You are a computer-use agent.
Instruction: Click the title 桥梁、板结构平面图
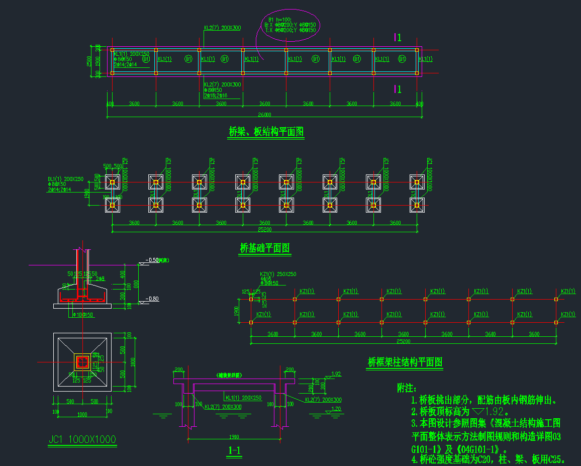[266, 132]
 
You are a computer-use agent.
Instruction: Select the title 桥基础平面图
[265, 248]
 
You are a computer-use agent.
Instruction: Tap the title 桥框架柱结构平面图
[405, 362]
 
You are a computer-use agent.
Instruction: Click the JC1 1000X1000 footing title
[82, 439]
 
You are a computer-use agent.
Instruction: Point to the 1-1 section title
[234, 451]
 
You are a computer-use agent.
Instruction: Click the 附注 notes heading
[407, 388]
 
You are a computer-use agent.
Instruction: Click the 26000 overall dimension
[264, 115]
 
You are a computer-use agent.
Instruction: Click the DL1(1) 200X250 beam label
[66, 179]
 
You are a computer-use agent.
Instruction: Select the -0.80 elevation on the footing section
[152, 299]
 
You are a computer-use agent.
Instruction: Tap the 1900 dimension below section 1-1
[234, 437]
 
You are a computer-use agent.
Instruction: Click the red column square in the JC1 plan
[82, 361]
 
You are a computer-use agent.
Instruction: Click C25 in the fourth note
[556, 459]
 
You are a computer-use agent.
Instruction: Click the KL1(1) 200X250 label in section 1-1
[244, 398]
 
